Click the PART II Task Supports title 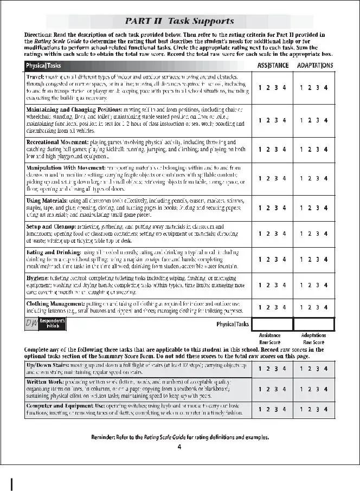[179, 22]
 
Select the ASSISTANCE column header [273, 66]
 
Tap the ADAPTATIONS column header [315, 66]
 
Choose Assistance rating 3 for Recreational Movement [277, 149]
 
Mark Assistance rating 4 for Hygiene [285, 285]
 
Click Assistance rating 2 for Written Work [268, 389]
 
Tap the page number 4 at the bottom [179, 447]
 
